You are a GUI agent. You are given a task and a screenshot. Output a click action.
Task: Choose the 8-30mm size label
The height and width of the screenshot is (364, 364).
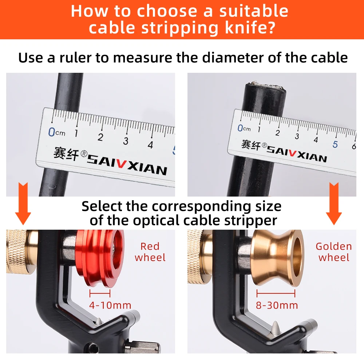(x=277, y=305)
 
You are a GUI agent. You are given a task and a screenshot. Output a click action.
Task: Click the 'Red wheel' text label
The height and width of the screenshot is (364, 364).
(x=150, y=252)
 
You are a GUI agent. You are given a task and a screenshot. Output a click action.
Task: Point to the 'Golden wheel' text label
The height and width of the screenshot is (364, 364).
(x=334, y=252)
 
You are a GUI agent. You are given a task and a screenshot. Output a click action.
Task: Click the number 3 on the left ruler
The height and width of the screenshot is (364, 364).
(x=126, y=141)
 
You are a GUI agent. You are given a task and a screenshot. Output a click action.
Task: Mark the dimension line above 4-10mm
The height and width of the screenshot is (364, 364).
(x=100, y=293)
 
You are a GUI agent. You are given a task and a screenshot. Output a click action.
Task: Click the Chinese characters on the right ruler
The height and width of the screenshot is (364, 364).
(x=251, y=145)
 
